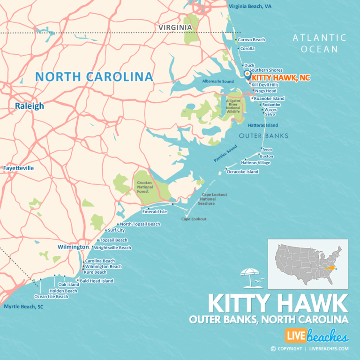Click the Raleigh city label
tap(29, 106)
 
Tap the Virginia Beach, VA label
tap(250, 7)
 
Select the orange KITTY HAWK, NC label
tap(281, 78)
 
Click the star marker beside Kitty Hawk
tap(247, 74)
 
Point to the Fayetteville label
tap(18, 168)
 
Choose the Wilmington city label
tap(73, 247)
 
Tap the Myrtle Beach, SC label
tap(23, 307)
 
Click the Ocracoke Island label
tap(242, 172)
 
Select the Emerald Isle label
tap(155, 212)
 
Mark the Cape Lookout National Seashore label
tap(214, 199)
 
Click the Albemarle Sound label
tap(217, 82)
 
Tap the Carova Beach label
tap(252, 40)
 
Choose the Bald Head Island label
tap(97, 281)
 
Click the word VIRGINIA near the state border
tap(175, 28)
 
